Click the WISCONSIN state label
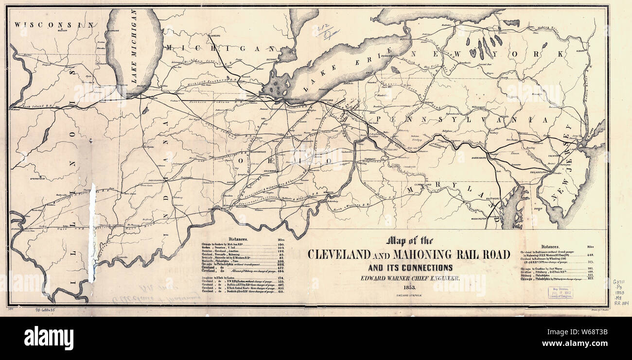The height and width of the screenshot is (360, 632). coord(53,24)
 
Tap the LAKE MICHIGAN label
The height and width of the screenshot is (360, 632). coord(133,49)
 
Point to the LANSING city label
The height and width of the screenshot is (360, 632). coord(214,35)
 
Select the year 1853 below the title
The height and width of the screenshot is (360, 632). coord(409,288)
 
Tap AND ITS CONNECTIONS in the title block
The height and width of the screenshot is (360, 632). coord(409,267)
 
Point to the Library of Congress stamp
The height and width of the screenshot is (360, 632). coord(560,292)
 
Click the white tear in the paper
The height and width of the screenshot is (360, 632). coord(92,233)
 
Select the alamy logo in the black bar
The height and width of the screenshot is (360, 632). coord(49,338)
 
